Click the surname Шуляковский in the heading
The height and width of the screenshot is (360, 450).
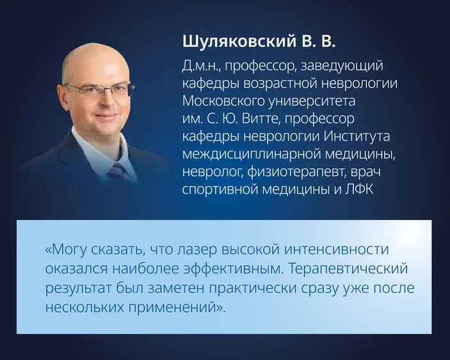point(233,42)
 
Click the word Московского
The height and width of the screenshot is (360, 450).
point(225,102)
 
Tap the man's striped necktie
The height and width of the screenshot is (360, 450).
point(118,171)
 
